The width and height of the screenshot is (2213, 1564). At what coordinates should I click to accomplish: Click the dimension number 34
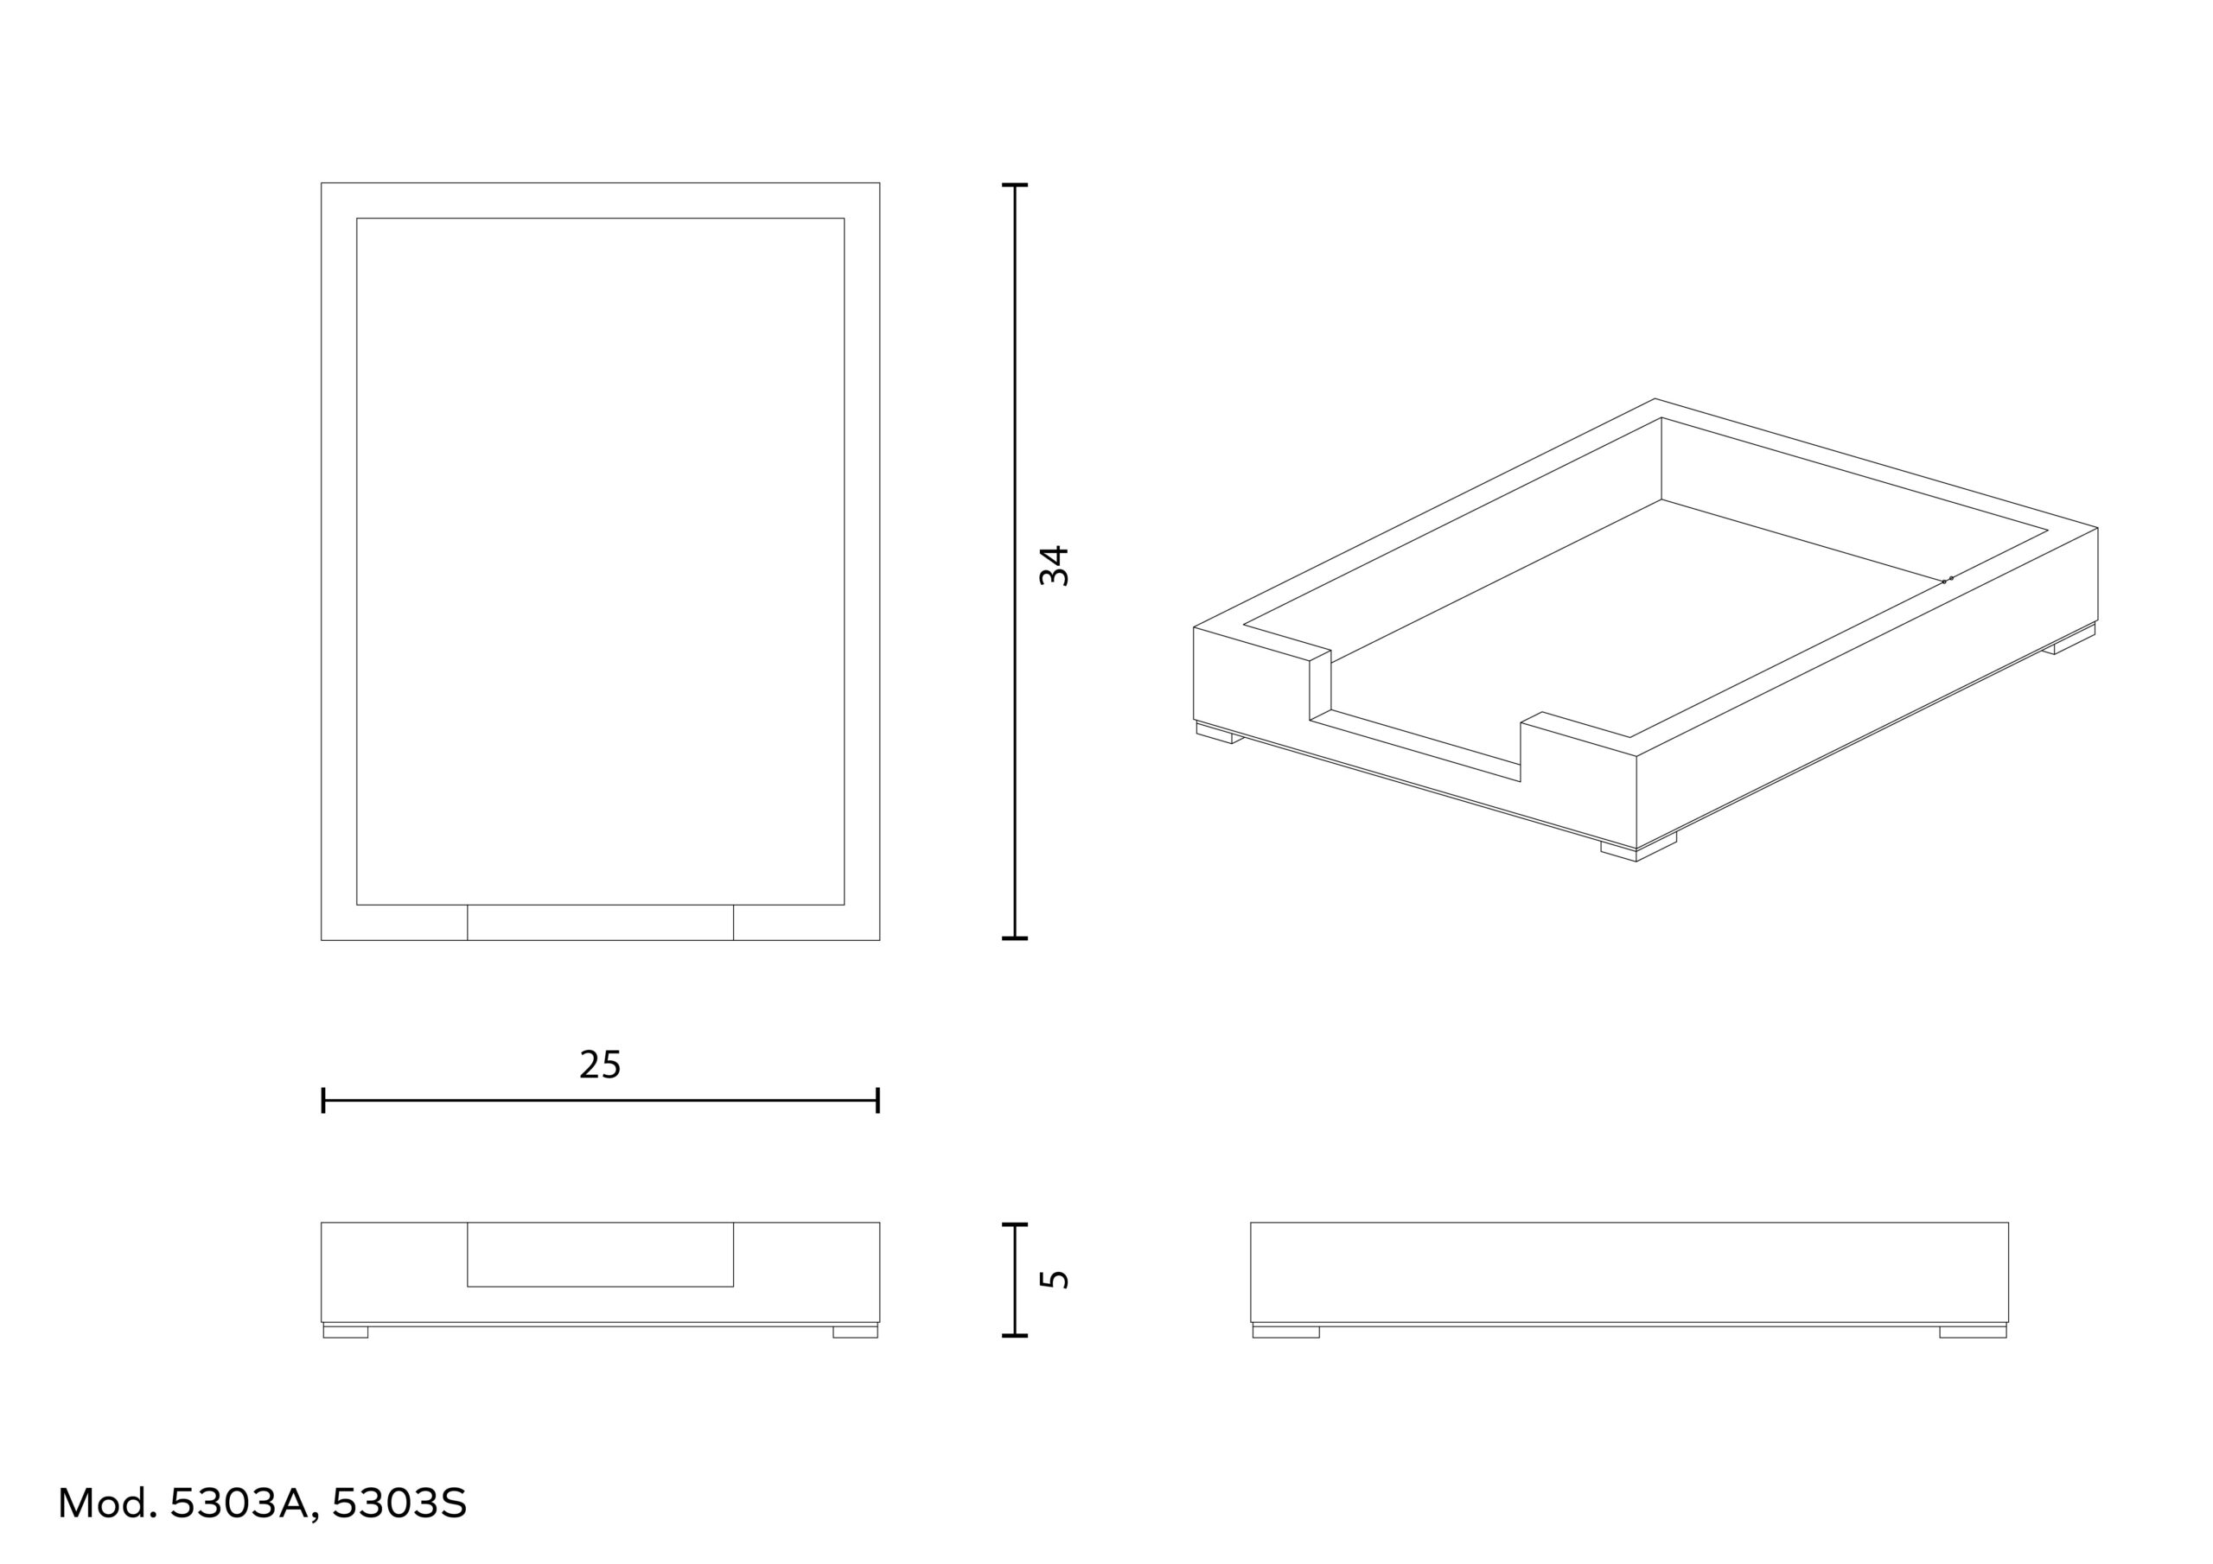pos(1055,566)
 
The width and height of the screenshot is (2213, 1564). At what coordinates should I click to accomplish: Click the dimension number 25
pos(600,1065)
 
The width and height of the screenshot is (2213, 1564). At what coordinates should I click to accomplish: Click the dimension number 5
pos(1055,1280)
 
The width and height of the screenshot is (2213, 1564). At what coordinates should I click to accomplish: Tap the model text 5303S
pos(399,1504)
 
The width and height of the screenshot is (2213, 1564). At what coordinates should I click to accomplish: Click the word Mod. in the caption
pos(107,1504)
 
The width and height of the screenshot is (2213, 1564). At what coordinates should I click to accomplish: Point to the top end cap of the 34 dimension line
pos(1015,185)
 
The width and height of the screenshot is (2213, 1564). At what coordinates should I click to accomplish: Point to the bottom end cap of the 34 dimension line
pos(1015,938)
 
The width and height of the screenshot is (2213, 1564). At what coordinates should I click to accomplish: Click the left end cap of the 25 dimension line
pos(324,1101)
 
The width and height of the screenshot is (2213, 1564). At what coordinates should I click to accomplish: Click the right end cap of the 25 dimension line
pos(877,1101)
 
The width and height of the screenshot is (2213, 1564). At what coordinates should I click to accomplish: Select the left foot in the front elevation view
pos(345,1332)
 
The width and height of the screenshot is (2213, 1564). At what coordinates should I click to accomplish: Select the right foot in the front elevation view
pos(855,1332)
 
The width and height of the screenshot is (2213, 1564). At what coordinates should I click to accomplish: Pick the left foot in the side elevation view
pos(1285,1332)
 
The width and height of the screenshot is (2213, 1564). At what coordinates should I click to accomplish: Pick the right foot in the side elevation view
pos(1973,1332)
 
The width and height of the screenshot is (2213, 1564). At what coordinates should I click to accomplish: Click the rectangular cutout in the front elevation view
pos(600,1254)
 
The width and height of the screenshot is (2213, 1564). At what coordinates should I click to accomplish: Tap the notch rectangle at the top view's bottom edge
pos(600,922)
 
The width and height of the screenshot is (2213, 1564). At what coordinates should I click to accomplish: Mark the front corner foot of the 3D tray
pos(1637,849)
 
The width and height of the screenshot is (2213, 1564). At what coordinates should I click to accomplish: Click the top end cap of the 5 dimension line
pos(1015,1224)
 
